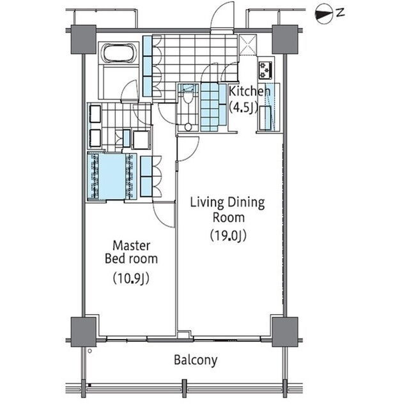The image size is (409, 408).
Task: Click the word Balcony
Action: [196, 360]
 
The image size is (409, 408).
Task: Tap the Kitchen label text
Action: [249, 92]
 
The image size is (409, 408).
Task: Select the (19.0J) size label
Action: [228, 236]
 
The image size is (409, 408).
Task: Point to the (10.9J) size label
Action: [131, 278]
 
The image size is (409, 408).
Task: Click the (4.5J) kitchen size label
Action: [243, 108]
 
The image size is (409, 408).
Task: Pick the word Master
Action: [132, 246]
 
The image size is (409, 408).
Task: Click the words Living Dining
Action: [228, 204]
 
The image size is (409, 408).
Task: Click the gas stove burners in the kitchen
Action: [265, 70]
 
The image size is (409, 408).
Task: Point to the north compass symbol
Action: [324, 15]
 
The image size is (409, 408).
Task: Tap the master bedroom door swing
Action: [164, 215]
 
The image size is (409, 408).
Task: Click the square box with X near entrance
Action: [248, 45]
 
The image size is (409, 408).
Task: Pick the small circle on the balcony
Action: [90, 351]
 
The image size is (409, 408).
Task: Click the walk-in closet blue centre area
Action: [112, 176]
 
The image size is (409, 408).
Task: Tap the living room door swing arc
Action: [189, 149]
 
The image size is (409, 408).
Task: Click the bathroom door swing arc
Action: [129, 90]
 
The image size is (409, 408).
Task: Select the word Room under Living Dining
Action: [229, 218]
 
